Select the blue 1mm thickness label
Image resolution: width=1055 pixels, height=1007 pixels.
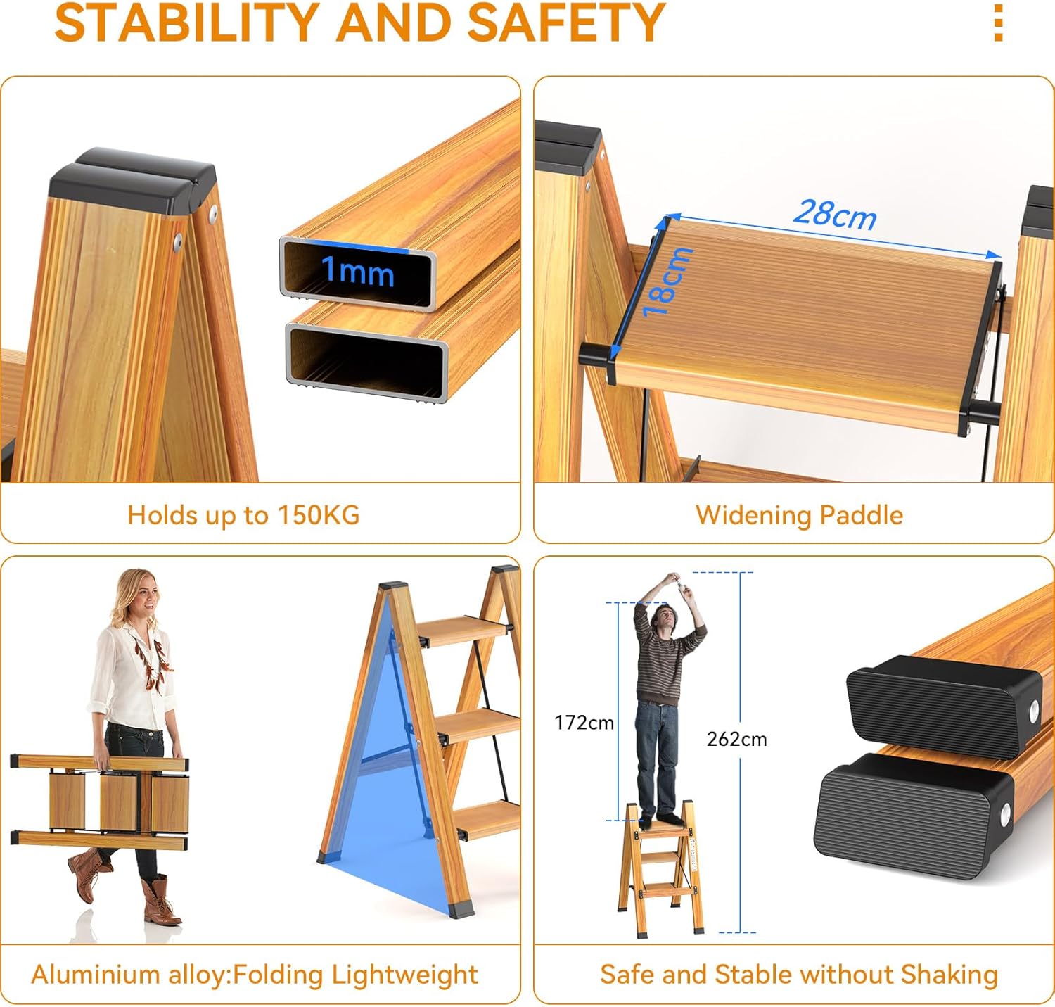(358, 271)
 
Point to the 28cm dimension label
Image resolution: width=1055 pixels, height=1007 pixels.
(834, 215)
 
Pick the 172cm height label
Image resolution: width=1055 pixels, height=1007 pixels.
(584, 723)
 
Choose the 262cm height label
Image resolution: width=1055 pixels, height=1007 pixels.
(737, 739)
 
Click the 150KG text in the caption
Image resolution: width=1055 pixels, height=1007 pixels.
(318, 514)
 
